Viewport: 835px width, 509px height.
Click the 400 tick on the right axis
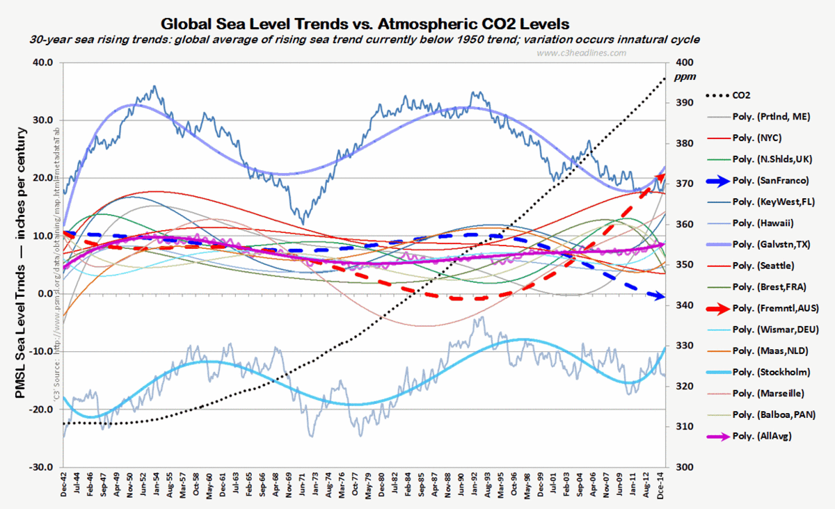(685, 63)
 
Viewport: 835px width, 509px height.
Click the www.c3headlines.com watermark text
(582, 53)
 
